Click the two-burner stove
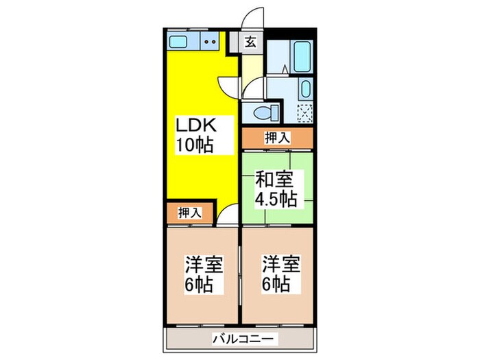coord(212,43)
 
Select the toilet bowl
coord(263,112)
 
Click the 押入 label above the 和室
coord(277,138)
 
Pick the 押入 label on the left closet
coord(191,213)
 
